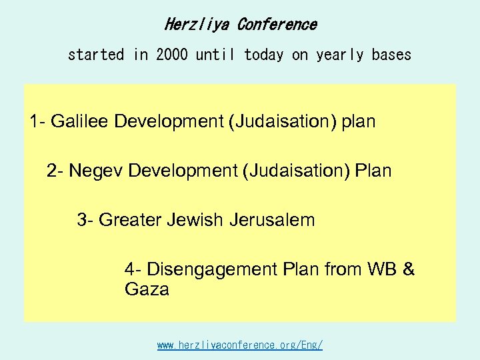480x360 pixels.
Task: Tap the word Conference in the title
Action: [x=277, y=25]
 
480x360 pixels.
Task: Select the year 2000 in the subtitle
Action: [x=172, y=55]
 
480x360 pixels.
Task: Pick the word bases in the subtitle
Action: [x=391, y=55]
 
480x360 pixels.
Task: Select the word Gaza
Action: [x=147, y=290]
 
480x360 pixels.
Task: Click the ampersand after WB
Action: [x=409, y=269]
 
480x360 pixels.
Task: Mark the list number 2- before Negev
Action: [x=55, y=171]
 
